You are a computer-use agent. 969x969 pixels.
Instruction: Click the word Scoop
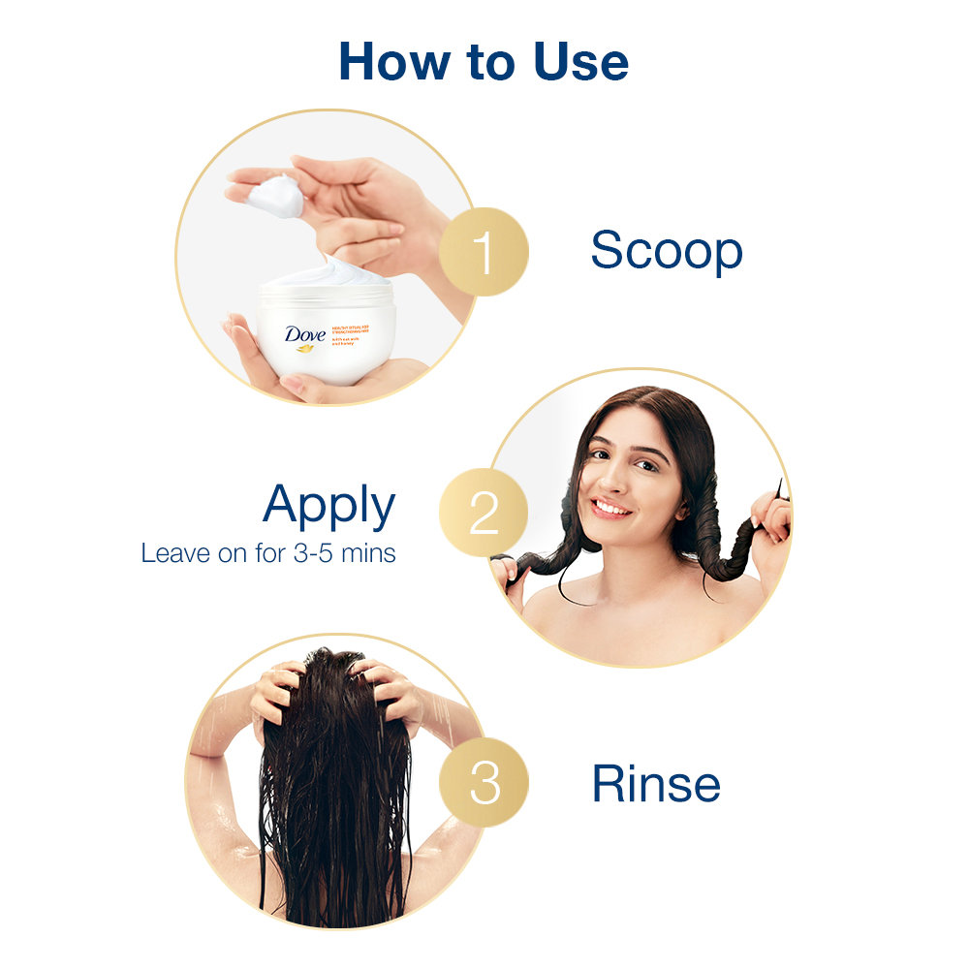point(667,251)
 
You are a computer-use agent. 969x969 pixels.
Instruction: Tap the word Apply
point(328,507)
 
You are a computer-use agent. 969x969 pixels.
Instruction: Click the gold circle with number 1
point(484,252)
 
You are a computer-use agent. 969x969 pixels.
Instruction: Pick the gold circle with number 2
point(484,514)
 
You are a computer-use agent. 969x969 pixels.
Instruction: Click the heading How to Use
point(484,61)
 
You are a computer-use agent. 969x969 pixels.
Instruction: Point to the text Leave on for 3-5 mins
point(268,554)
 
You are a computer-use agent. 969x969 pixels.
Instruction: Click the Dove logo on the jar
point(305,335)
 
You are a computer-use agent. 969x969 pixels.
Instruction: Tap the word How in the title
point(389,61)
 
